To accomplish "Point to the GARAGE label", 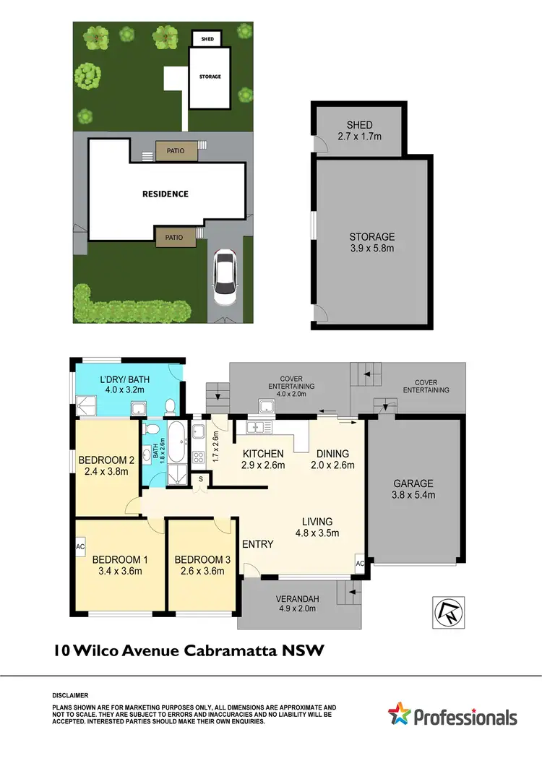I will tap(413, 483).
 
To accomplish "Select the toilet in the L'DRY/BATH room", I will tap(170, 408).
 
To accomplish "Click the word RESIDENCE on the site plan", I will tap(165, 194).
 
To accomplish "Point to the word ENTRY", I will tap(257, 543).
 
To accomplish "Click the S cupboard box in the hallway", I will tap(201, 478).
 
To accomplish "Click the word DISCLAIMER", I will tap(70, 694).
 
